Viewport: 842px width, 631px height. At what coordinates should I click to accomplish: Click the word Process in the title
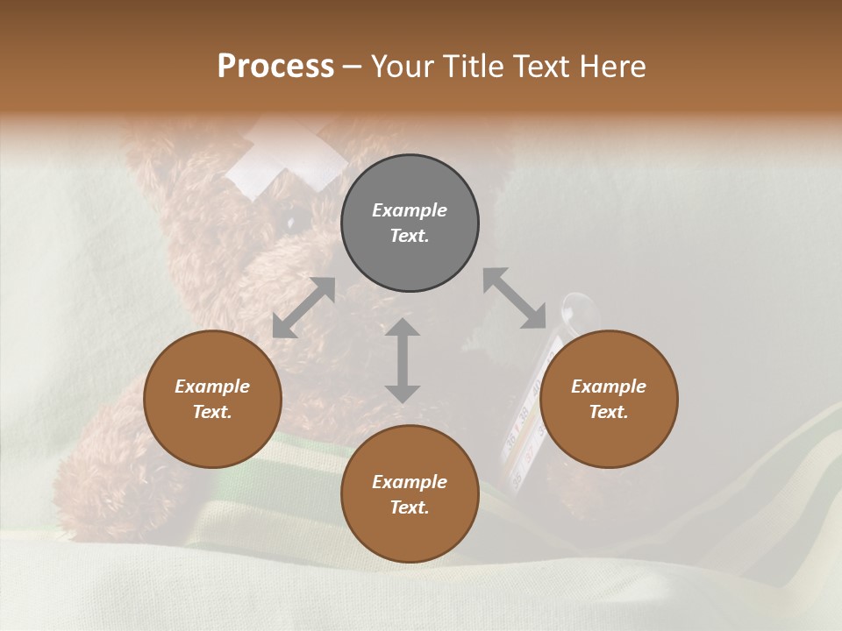[275, 67]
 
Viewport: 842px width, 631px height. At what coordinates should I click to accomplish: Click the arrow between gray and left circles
[303, 308]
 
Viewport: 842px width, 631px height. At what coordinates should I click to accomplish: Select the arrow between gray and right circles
[515, 299]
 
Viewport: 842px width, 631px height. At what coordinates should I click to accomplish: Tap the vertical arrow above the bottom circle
[403, 360]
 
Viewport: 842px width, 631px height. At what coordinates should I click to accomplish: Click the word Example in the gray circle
[410, 210]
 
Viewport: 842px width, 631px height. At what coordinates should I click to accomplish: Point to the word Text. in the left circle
[212, 412]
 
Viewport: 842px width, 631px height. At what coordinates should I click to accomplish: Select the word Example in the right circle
[609, 386]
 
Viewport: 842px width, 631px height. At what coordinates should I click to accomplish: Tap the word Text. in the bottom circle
[410, 507]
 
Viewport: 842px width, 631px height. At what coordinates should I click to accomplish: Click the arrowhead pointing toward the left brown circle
[283, 328]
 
